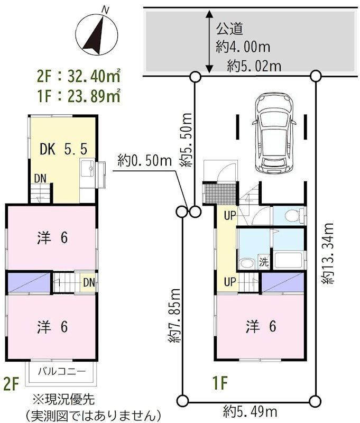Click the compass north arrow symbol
pos(96,34)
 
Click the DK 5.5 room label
pos(63,149)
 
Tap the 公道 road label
pos(229,29)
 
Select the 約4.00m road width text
pos(243,47)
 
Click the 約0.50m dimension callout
pos(145,161)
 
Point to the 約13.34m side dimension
pos(327,253)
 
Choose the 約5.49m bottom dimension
pos(250,412)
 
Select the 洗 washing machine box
pos(264,261)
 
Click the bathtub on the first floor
pos(288,260)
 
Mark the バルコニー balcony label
pos(62,372)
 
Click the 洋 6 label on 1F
pos(261,326)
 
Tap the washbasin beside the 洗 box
pos(247,263)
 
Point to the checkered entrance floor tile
pos(221,194)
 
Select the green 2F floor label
pos(11,383)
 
